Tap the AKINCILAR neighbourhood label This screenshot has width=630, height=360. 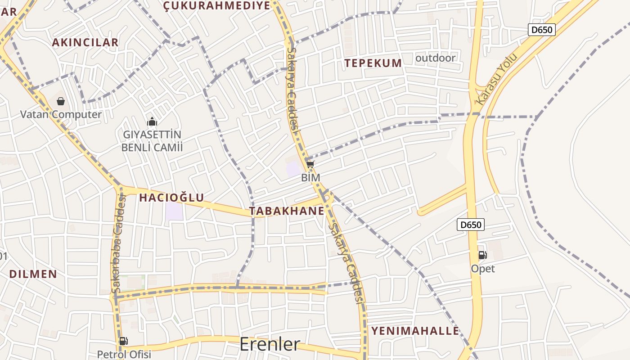(x=85, y=42)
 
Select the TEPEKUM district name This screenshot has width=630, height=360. (x=373, y=63)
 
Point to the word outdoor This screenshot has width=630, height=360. (x=435, y=58)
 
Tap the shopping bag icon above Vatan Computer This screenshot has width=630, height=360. (x=61, y=101)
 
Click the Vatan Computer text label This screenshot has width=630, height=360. (x=61, y=114)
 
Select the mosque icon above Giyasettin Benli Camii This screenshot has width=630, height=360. (x=152, y=121)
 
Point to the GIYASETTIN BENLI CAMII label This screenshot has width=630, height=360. (x=152, y=141)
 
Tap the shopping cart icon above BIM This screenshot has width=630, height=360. (x=310, y=164)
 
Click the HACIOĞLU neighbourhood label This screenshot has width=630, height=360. (x=171, y=197)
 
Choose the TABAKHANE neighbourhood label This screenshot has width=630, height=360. (x=287, y=211)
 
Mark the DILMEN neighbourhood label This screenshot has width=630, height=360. (x=33, y=274)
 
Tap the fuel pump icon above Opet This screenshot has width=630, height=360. (x=482, y=255)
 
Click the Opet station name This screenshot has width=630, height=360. (x=483, y=269)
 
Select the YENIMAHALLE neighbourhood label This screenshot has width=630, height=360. (x=415, y=331)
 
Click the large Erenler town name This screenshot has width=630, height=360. (x=270, y=344)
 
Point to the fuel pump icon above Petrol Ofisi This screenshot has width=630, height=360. (x=123, y=341)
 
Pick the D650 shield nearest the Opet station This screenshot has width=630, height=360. (x=471, y=224)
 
